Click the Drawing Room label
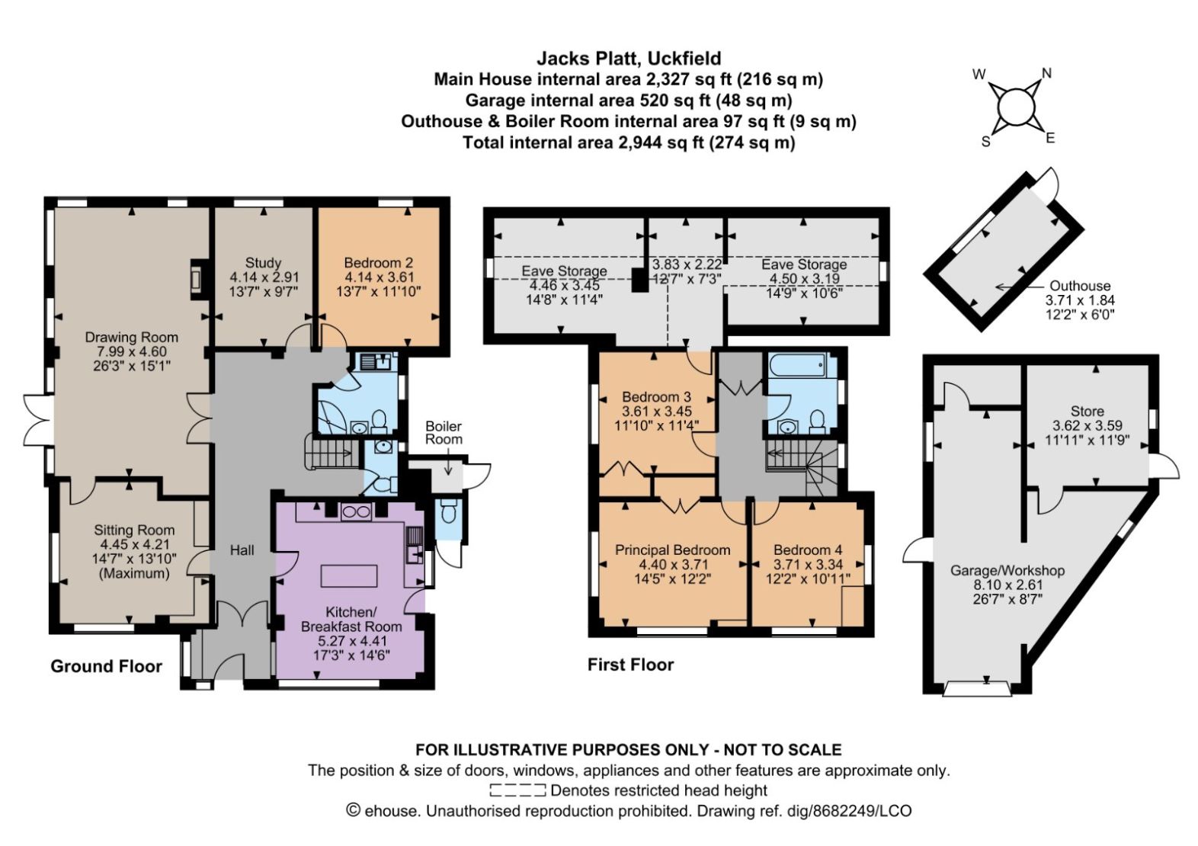tap(131, 337)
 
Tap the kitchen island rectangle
tap(349, 575)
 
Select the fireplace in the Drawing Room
tap(197, 279)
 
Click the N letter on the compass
tap(1046, 73)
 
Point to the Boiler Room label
tap(444, 432)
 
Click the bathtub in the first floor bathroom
tap(797, 365)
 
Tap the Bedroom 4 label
tap(807, 550)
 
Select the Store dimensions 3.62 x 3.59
tap(1087, 425)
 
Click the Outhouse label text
tap(1080, 286)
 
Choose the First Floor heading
tap(630, 665)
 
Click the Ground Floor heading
tap(106, 666)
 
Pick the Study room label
tap(263, 262)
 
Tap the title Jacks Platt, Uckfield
tap(629, 58)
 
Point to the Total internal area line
tap(629, 143)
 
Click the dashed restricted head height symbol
tap(517, 790)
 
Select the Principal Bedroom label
tap(672, 550)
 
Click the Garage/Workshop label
tap(1007, 570)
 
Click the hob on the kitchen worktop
tap(355, 512)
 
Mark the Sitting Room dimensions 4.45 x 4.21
tap(134, 544)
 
